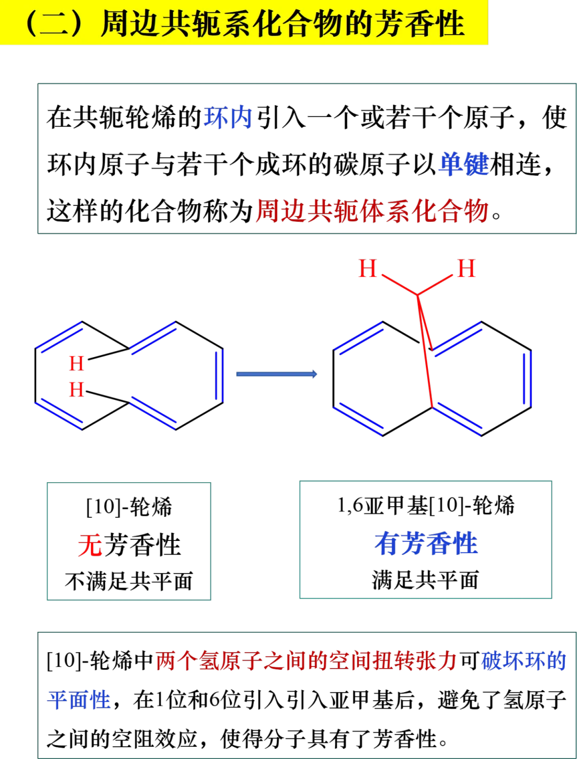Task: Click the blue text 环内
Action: [227, 118]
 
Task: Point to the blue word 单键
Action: [464, 164]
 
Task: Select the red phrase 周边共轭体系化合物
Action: [372, 211]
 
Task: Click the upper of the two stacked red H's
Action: [76, 364]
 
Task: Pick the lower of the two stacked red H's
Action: [76, 390]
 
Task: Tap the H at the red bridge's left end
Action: [368, 268]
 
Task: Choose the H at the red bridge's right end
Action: [466, 268]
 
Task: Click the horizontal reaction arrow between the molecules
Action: [277, 375]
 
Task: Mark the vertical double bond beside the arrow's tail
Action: [220, 376]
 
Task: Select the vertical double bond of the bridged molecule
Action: [527, 378]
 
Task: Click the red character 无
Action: [90, 546]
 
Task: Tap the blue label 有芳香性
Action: [426, 544]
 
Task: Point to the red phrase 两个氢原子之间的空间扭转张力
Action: [306, 661]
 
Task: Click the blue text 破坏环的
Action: [524, 661]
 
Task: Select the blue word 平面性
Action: [79, 700]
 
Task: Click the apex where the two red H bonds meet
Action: [417, 294]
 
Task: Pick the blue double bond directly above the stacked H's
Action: [59, 337]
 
